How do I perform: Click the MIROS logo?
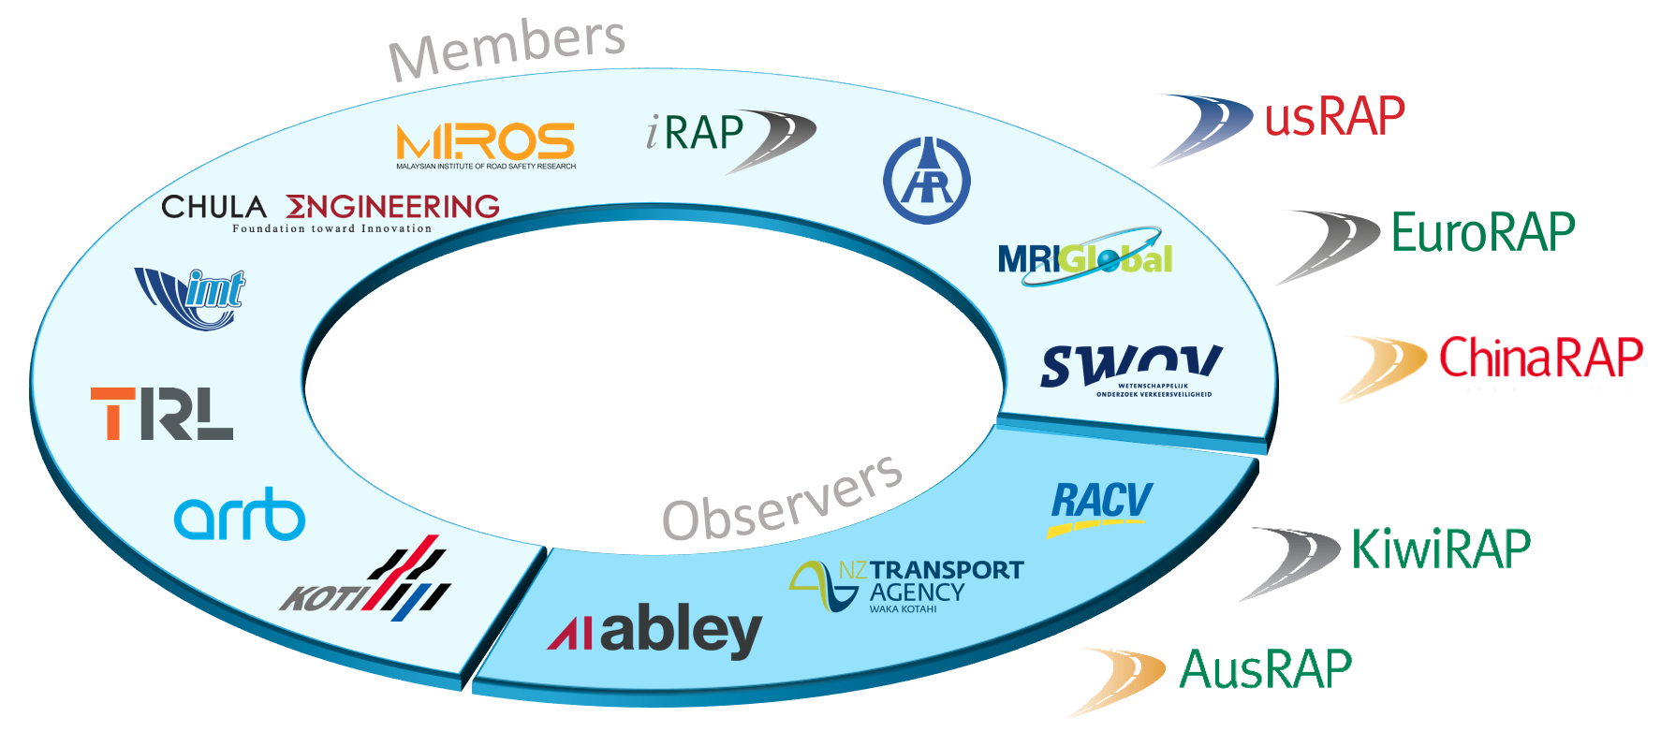pyautogui.click(x=485, y=145)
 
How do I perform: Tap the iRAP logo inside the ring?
pyautogui.click(x=730, y=139)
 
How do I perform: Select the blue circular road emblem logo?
pyautogui.click(x=926, y=181)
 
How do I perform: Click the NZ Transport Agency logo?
pyautogui.click(x=906, y=586)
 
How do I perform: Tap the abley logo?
pyautogui.click(x=655, y=631)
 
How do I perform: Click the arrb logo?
pyautogui.click(x=240, y=515)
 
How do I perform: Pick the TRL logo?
pyautogui.click(x=161, y=414)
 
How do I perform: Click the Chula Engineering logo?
pyautogui.click(x=331, y=212)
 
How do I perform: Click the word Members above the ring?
pyautogui.click(x=507, y=48)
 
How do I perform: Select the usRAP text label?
pyautogui.click(x=1334, y=118)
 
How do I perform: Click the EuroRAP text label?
pyautogui.click(x=1482, y=233)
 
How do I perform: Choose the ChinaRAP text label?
pyautogui.click(x=1540, y=358)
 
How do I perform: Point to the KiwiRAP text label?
pyautogui.click(x=1440, y=549)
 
